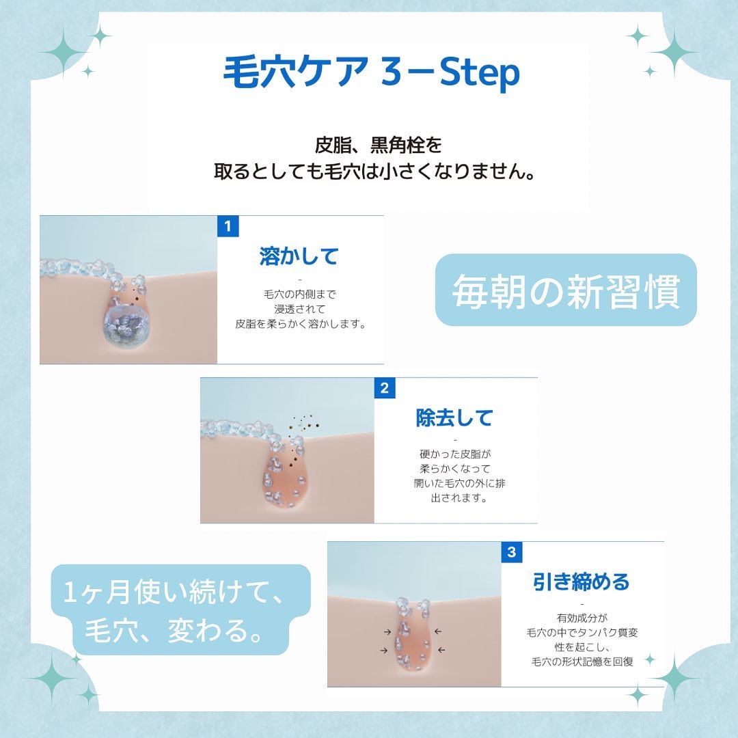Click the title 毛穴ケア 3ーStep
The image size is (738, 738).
[x=371, y=72]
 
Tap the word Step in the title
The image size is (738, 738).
[x=479, y=73]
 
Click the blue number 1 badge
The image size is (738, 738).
[x=228, y=226]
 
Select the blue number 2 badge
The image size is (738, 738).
[x=385, y=388]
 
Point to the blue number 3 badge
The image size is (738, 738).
[x=512, y=551]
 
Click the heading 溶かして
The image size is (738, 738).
[x=299, y=256]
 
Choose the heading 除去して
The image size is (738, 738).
[x=454, y=418]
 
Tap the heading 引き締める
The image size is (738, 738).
[x=582, y=582]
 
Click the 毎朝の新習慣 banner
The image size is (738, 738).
[x=566, y=290]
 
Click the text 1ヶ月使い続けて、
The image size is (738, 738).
[x=174, y=592]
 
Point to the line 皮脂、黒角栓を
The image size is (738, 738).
[x=378, y=145]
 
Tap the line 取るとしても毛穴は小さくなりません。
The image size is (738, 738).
[x=374, y=172]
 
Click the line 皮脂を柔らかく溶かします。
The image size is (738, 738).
[x=301, y=325]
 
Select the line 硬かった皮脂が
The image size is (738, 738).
[x=455, y=454]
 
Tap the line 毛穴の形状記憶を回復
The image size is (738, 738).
[x=582, y=661]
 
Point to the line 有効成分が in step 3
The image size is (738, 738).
[x=582, y=618]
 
